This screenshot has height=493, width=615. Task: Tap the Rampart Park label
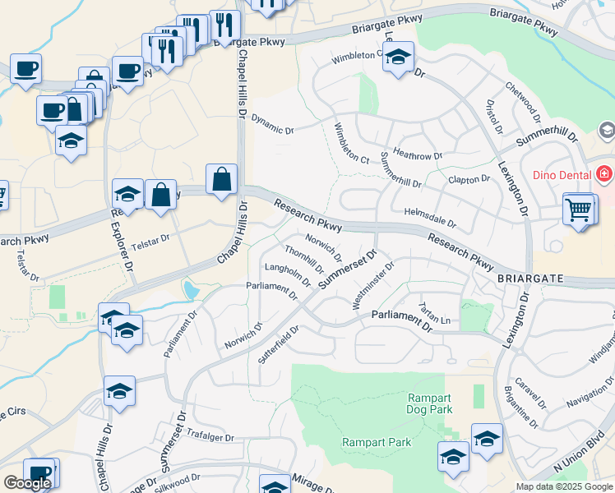pos(377,442)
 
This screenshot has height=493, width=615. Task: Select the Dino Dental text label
pos(563,174)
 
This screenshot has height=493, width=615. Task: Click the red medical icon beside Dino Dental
pos(604,174)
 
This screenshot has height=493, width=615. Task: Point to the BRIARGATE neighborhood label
pos(530,279)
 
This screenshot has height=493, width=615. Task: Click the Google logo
pos(27,483)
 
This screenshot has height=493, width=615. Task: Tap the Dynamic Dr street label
pos(272,125)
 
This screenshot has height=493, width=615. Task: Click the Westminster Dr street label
pos(373,286)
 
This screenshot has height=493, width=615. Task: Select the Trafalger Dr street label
pos(211,439)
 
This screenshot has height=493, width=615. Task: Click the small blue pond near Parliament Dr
pos(191,290)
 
